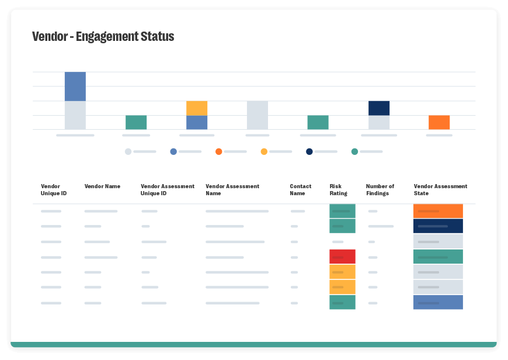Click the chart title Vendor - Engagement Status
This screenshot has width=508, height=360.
[x=103, y=37]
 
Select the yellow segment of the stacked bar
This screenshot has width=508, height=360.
[x=197, y=108]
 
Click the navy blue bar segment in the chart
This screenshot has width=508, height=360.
[x=379, y=108]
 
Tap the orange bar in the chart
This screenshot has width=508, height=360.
[x=439, y=122]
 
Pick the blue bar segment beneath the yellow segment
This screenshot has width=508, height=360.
[x=197, y=122]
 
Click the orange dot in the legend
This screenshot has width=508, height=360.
[x=219, y=152]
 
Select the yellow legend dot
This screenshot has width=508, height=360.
[x=264, y=152]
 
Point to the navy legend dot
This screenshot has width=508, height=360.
[x=309, y=152]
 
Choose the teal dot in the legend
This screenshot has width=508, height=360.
[x=354, y=152]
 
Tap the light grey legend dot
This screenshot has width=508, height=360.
[x=128, y=152]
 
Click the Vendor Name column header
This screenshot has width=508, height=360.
[x=102, y=186]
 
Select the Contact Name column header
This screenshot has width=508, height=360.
[x=300, y=190]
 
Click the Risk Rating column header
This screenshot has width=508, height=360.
[x=338, y=190]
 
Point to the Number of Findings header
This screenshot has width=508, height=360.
[x=380, y=190]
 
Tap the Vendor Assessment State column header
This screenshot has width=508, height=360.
[x=440, y=190]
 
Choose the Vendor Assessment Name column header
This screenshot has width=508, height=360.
[x=232, y=190]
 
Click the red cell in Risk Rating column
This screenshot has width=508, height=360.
[x=342, y=257]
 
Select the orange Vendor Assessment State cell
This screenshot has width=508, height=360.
[x=438, y=211]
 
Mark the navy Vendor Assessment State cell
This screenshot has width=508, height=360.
[x=438, y=226]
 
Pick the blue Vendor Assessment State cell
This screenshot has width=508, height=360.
[x=438, y=302]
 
